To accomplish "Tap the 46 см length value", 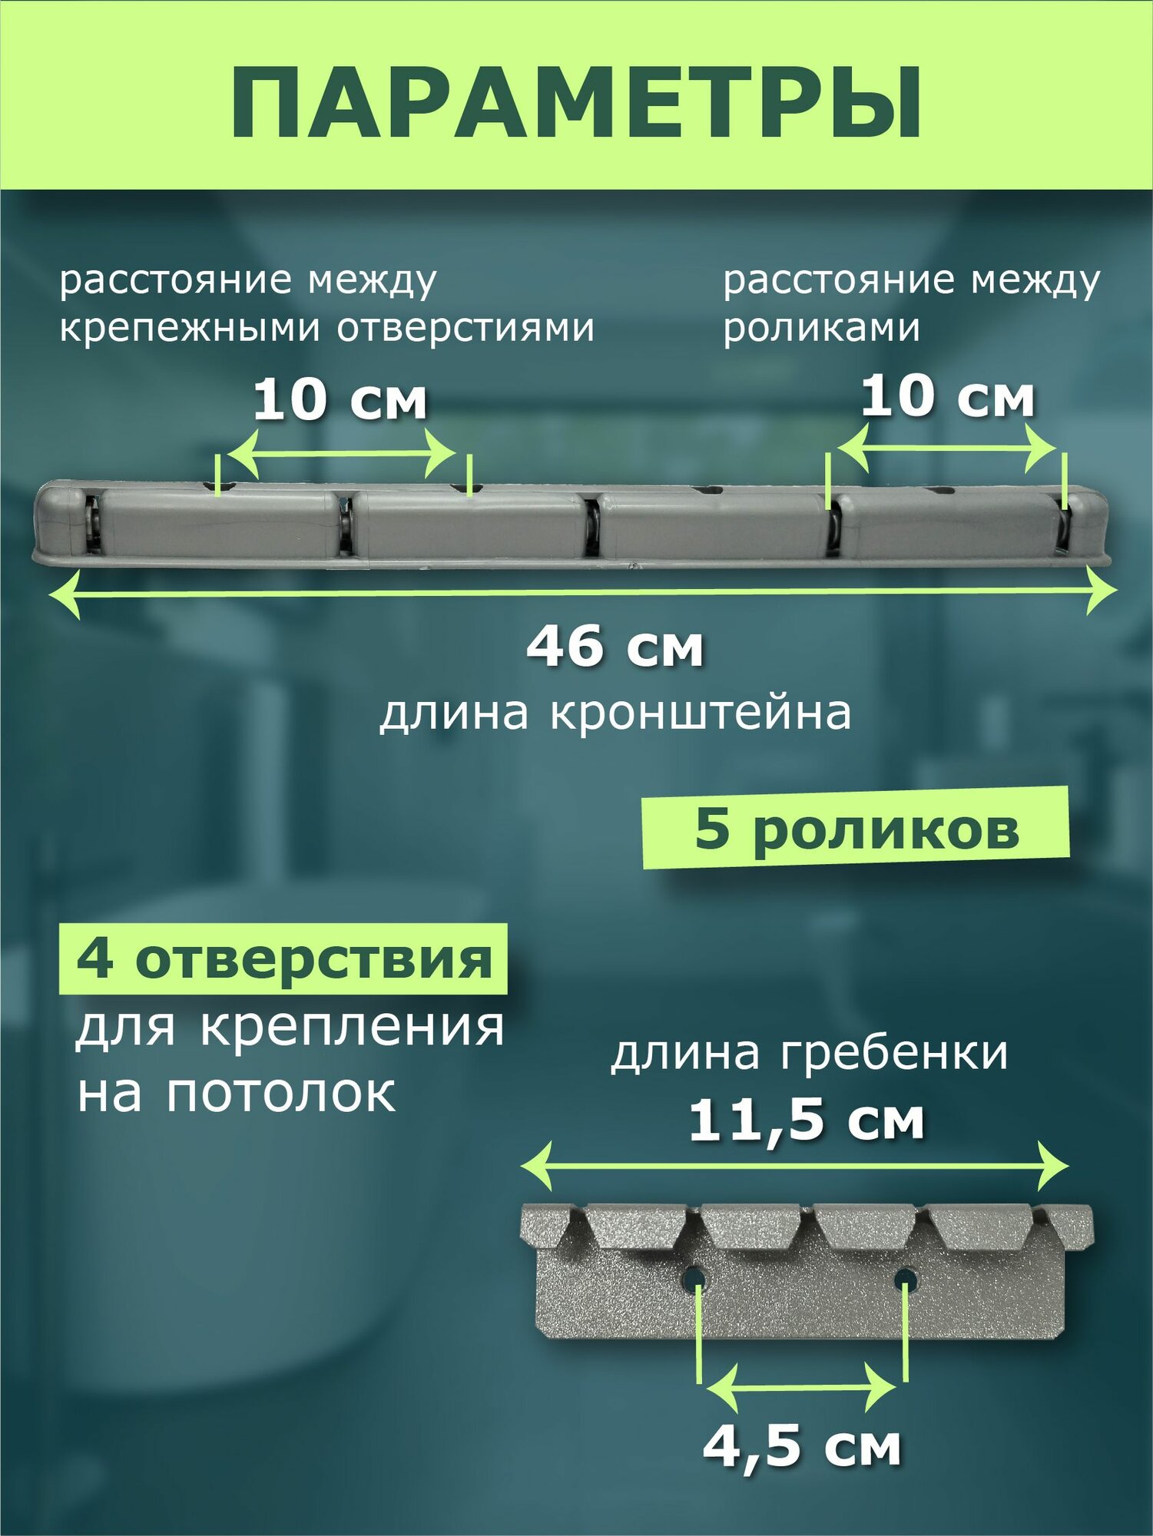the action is [x=615, y=647].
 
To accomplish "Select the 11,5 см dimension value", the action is [x=806, y=1121].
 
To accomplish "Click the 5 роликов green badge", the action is [x=856, y=829].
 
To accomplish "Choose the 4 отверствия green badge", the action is [x=283, y=960].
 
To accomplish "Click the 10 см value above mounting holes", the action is [x=340, y=400].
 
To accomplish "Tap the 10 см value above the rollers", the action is [x=947, y=397].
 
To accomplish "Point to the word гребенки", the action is [x=894, y=1054].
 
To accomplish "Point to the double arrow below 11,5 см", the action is [x=794, y=1166].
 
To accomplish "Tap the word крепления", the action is [x=352, y=1028].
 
